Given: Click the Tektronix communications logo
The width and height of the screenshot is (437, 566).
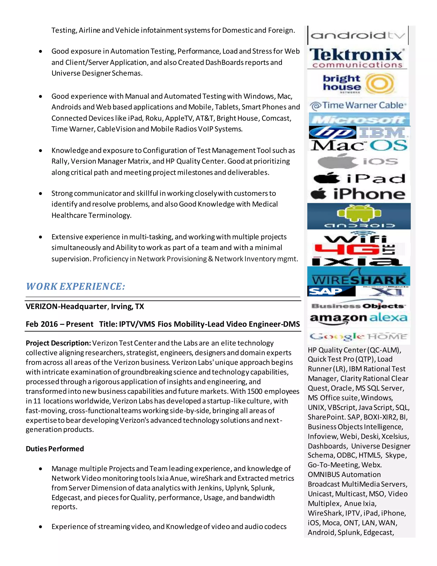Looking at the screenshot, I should pos(357,58).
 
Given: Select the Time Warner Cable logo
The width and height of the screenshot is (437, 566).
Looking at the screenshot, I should pos(358,106).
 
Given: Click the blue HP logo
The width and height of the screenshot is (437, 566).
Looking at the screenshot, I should pos(332,132).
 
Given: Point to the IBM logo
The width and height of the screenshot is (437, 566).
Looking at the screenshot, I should pos(383,132).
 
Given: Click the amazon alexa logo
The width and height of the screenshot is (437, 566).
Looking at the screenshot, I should pos(358,318).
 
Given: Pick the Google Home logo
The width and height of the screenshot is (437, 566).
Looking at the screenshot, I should pos(358,336).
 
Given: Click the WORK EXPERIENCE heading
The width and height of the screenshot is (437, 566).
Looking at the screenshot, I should pos(76,286).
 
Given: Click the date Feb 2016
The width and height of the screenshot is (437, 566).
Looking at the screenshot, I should pos(42,324).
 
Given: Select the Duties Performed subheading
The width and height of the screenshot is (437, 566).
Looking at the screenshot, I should pos(55,449).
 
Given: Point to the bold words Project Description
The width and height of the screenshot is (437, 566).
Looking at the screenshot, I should pos(58,343).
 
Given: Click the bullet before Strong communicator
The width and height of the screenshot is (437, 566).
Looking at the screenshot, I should pos(40,194).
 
